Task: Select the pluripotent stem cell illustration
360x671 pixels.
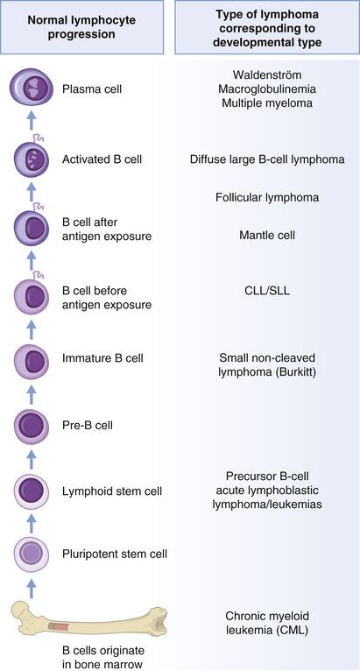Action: point(30,553)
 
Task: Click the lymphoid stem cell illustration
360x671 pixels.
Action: point(30,491)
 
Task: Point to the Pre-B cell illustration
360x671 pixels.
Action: point(30,426)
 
